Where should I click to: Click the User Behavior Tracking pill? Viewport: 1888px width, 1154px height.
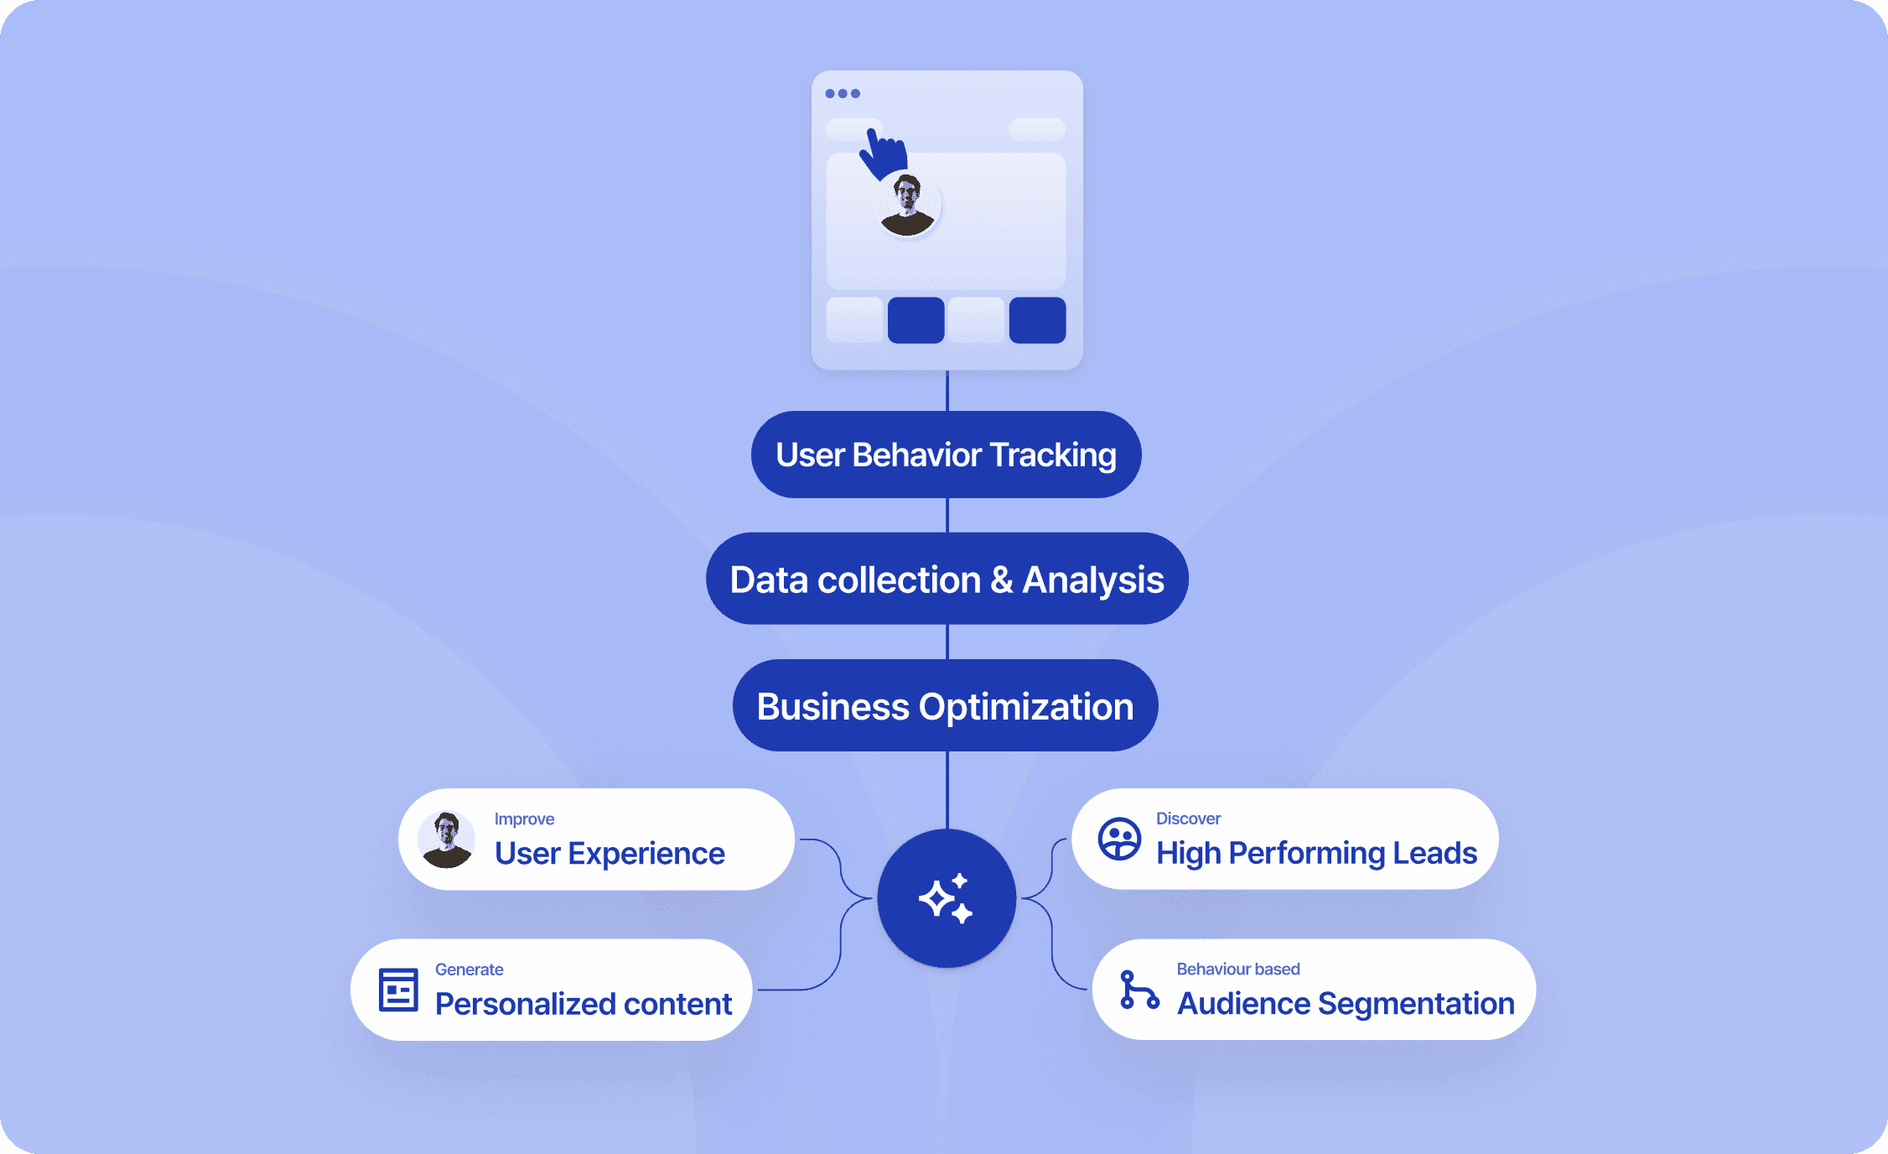pos(946,455)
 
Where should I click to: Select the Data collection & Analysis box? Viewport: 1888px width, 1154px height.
pos(947,579)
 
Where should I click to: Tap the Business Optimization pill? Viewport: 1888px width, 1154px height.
pos(945,705)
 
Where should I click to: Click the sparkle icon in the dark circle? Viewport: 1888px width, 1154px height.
pos(947,898)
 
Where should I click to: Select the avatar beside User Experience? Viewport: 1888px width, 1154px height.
pos(447,840)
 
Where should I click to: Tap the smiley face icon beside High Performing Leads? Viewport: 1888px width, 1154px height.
pos(1119,839)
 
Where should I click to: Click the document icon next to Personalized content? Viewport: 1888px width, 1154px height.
pos(398,990)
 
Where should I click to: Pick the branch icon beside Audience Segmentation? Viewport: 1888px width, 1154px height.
pos(1139,990)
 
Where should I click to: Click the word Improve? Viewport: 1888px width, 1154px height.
pos(524,819)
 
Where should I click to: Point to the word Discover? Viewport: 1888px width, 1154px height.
pos(1188,818)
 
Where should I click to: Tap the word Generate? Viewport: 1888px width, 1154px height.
pos(469,969)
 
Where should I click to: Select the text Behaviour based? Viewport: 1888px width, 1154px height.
pos(1237,969)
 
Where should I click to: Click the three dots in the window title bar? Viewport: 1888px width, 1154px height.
pos(843,94)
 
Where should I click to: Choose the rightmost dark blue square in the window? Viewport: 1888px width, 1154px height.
pos(1037,320)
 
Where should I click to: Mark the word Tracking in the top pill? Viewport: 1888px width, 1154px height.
pos(1053,455)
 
